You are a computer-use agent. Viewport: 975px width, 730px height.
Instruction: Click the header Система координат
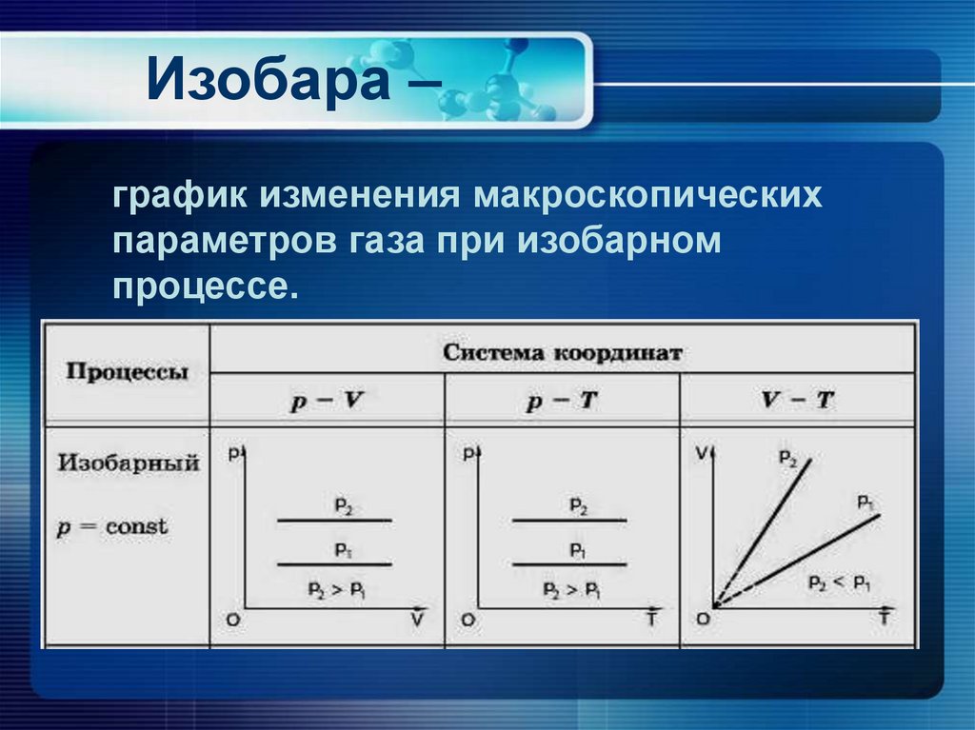[563, 352]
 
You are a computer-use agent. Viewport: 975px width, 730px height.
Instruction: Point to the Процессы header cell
[127, 372]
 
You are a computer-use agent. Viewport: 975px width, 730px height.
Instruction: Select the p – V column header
[326, 401]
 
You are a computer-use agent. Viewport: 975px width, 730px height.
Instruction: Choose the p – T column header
[561, 401]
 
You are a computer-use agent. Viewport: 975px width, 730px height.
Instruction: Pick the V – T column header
[797, 401]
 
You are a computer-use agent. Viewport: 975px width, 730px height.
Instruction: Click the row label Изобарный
[129, 464]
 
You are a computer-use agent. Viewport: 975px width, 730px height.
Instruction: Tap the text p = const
[113, 526]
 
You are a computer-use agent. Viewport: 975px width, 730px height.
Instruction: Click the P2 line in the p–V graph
[333, 520]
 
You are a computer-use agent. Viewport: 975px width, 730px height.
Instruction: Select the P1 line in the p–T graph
[569, 564]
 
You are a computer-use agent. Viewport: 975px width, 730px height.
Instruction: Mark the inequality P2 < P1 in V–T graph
[838, 582]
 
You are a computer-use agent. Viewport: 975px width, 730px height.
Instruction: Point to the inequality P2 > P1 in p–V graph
[335, 589]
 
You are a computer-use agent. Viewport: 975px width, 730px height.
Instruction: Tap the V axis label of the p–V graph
[417, 619]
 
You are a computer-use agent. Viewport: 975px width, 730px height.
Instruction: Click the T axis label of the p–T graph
[651, 619]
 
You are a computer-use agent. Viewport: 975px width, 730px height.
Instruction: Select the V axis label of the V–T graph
[704, 454]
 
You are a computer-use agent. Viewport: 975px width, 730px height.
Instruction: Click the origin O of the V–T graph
[703, 620]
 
